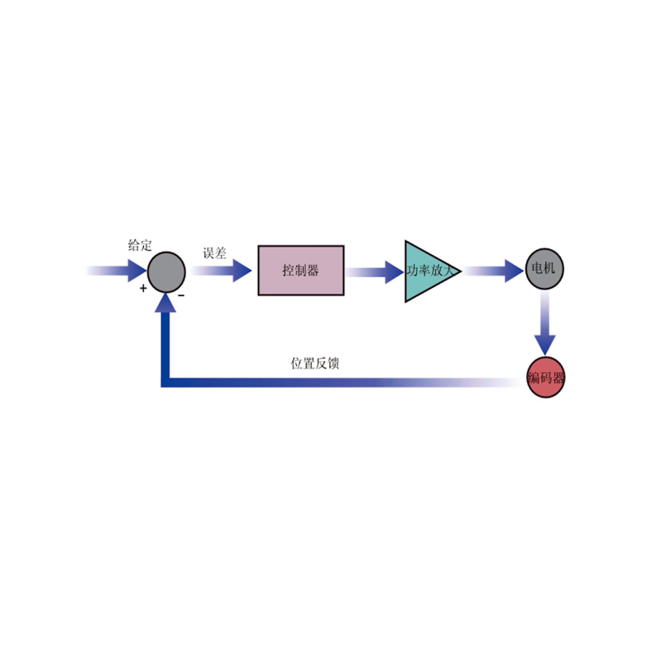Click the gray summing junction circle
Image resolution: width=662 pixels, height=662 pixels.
[166, 272]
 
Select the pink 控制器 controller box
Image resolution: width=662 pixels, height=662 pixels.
[301, 271]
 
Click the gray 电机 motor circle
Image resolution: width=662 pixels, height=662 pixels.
[544, 268]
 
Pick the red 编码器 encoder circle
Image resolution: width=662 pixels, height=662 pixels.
[545, 377]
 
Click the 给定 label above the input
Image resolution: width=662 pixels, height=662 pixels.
[140, 245]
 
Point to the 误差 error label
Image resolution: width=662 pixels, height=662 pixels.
[214, 253]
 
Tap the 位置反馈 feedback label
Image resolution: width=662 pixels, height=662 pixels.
[315, 363]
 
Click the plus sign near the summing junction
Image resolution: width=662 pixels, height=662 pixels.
[143, 288]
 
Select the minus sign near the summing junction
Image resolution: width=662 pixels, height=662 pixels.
[181, 295]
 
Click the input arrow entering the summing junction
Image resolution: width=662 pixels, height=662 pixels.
[117, 271]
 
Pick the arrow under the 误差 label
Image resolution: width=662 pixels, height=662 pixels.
[221, 271]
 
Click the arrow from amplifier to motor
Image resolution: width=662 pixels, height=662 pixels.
[494, 271]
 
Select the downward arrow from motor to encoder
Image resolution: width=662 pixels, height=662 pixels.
[544, 323]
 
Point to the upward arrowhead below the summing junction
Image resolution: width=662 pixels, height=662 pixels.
[165, 303]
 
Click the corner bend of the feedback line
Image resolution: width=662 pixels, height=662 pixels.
[165, 382]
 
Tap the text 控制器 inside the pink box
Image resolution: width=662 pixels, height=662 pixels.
[300, 271]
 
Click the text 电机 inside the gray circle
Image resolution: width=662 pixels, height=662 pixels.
[544, 267]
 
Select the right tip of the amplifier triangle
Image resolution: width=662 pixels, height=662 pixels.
[461, 271]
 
